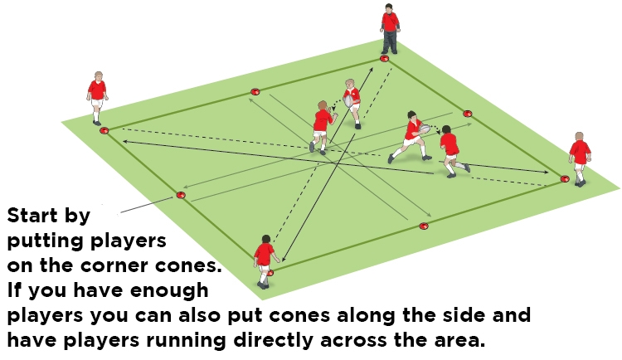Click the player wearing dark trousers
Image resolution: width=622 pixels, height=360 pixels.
[x=390, y=29]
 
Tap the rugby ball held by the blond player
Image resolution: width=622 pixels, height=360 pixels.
[x=348, y=101]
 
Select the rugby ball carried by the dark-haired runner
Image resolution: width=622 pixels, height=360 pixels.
[x=425, y=129]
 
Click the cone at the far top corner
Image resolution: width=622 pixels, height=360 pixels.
[x=384, y=59]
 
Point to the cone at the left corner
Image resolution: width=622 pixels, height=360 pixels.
[x=104, y=130]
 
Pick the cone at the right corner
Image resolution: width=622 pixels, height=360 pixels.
[x=565, y=179]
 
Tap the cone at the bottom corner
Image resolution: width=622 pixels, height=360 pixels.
[x=270, y=273]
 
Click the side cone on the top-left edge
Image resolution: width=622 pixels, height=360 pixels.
[x=255, y=92]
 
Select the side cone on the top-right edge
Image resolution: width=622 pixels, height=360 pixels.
[x=467, y=114]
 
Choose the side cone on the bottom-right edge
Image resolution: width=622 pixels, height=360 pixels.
[x=424, y=226]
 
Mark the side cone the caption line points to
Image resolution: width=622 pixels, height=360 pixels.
[x=181, y=195]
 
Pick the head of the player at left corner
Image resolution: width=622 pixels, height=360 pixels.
[x=98, y=75]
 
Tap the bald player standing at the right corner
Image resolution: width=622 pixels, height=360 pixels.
[x=580, y=159]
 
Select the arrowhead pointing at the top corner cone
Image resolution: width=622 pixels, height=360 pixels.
[x=371, y=71]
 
